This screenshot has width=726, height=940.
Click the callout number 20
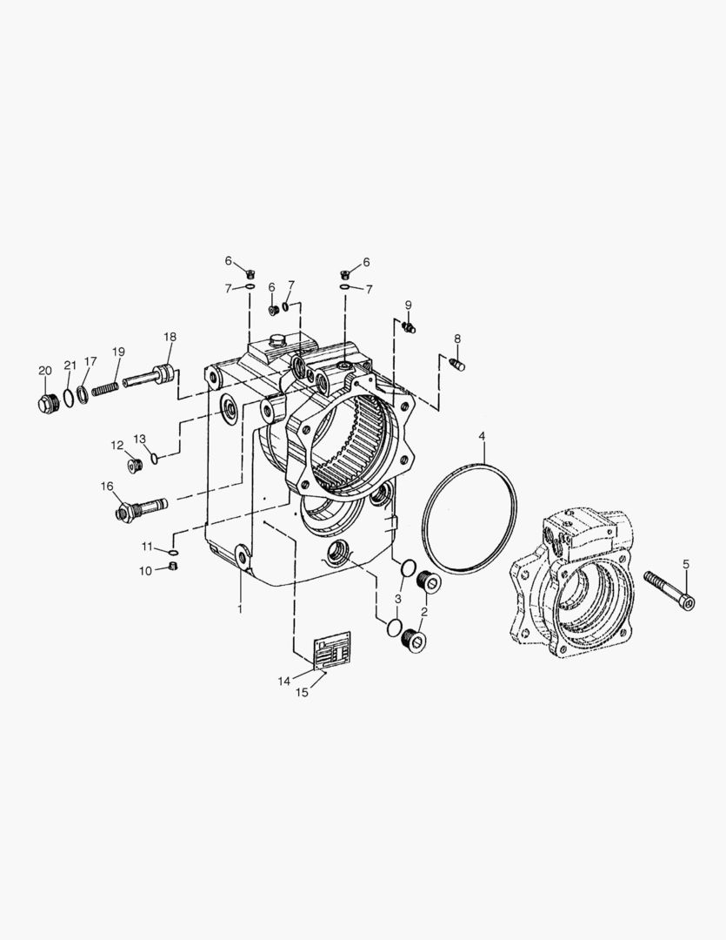45,371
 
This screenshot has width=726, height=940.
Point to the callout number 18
170,337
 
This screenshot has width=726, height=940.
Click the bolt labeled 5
669,590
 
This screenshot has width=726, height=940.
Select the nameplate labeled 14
332,649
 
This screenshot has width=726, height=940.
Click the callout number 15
302,693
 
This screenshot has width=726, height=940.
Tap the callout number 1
240,609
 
